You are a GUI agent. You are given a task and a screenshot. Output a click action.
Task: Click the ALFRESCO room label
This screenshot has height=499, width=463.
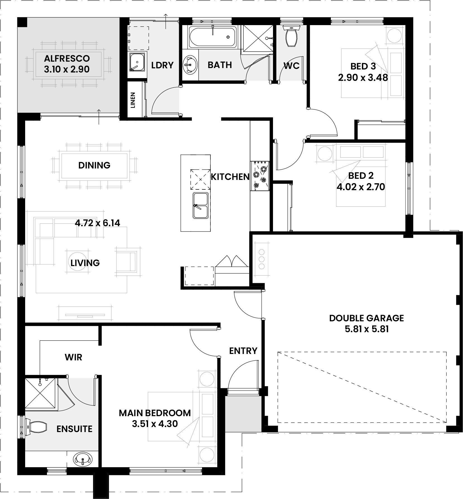[67, 58]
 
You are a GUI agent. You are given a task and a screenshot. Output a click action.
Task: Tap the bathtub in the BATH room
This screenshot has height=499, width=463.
[213, 36]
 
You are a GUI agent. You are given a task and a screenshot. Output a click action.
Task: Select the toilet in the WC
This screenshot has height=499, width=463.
[291, 36]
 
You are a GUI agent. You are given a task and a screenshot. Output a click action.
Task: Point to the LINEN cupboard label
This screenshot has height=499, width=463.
[133, 100]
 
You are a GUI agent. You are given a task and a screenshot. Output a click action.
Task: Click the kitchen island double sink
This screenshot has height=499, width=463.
[200, 205]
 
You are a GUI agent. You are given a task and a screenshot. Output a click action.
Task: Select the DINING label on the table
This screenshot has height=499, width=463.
[94, 165]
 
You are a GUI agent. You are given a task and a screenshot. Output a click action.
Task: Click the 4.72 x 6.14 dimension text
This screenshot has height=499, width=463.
[98, 223]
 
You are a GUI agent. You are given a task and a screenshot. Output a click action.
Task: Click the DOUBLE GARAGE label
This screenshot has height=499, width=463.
[367, 318]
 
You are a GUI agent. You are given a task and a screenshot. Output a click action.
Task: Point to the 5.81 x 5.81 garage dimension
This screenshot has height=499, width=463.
[367, 329]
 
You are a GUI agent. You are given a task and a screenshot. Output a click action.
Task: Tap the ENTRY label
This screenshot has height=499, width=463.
[243, 351]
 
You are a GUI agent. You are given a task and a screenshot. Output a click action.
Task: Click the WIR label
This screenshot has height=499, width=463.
[73, 357]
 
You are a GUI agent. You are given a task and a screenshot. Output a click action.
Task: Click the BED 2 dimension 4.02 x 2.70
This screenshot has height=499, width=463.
[361, 187]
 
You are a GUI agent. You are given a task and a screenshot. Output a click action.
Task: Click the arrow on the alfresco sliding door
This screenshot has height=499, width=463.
[99, 117]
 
